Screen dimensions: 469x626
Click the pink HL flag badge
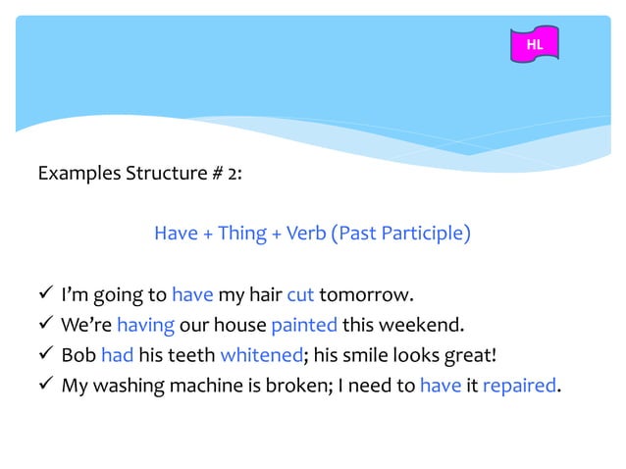tap(535, 45)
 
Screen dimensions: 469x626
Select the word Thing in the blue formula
tap(241, 234)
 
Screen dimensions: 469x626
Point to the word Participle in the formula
tap(429, 234)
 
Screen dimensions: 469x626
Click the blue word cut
tap(299, 294)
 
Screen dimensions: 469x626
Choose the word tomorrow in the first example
tap(366, 294)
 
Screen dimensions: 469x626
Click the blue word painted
tap(304, 325)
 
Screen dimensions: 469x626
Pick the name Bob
tap(78, 354)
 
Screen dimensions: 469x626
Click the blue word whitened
tap(259, 354)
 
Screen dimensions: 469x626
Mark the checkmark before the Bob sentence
tap(45, 354)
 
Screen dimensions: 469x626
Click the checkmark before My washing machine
tap(45, 385)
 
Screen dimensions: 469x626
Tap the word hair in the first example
tap(265, 294)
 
